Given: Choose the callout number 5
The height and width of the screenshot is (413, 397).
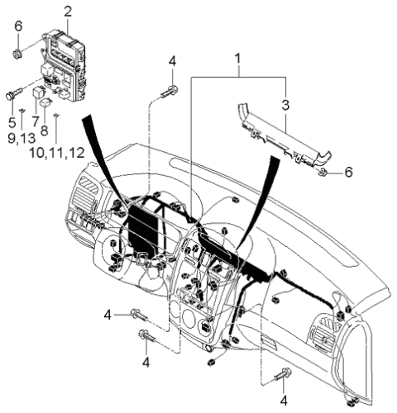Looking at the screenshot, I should pos(12,121).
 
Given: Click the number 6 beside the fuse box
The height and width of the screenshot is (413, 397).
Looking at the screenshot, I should pos(17,26).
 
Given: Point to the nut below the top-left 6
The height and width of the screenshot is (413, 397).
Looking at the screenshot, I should pos(17,55).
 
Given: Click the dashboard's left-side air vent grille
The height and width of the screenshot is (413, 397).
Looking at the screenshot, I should pos(85,197).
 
